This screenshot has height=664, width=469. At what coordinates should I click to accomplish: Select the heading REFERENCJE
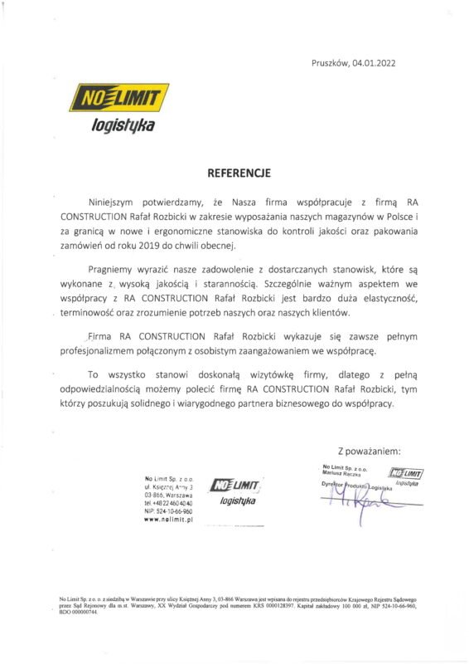click(234, 175)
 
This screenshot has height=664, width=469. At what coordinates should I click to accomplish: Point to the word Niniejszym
click(114, 203)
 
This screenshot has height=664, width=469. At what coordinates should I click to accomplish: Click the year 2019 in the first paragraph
click(149, 247)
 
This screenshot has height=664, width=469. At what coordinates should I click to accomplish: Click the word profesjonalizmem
click(103, 352)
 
